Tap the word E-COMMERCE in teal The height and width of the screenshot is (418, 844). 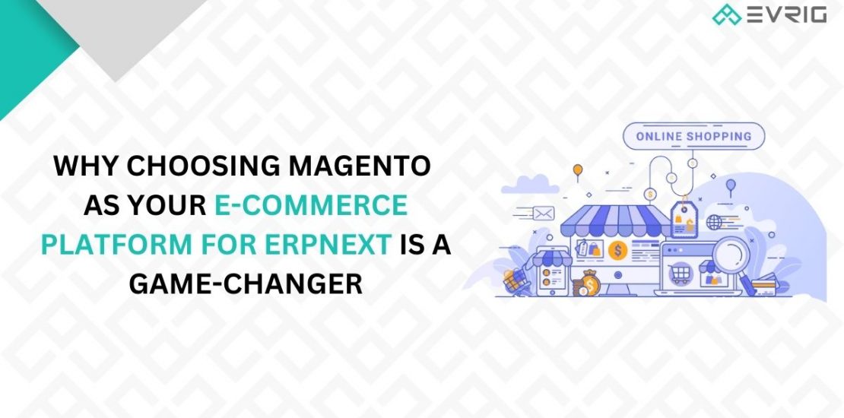(x=311, y=205)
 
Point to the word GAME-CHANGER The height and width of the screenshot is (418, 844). (x=246, y=284)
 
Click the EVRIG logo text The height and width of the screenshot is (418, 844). (x=786, y=15)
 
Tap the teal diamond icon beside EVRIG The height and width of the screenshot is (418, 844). (x=726, y=15)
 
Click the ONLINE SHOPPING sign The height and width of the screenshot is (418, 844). (x=693, y=136)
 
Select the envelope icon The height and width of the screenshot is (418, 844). (x=544, y=214)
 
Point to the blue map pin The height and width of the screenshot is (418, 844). (x=731, y=186)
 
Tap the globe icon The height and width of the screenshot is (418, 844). (x=714, y=222)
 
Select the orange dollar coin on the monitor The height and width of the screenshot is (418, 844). (x=617, y=249)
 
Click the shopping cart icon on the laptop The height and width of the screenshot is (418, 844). (x=679, y=274)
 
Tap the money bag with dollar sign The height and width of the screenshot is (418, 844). (x=591, y=283)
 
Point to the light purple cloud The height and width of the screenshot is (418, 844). (x=530, y=185)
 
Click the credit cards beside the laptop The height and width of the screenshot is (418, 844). (x=763, y=288)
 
